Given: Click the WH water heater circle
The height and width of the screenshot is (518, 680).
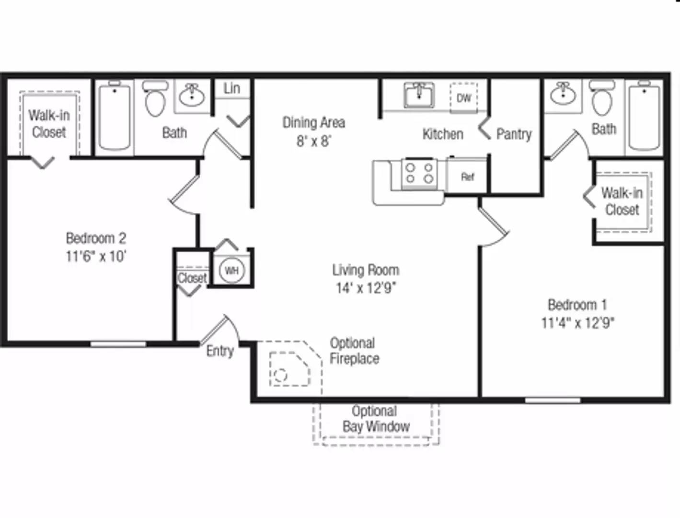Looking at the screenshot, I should pos(231,271).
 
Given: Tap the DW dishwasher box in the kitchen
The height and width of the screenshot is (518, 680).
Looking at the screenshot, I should pos(463,98).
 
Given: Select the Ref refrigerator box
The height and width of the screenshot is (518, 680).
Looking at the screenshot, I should pos(467,177).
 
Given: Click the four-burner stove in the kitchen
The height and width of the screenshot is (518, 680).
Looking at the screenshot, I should pos(419,174).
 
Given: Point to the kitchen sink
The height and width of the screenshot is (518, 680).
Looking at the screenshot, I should pos(419,95).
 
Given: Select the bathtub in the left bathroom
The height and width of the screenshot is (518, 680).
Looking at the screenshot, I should pos(115,116).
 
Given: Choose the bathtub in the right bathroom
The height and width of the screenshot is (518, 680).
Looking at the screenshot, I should pos(644,116).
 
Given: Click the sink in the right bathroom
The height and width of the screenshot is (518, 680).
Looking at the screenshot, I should pos(563,94).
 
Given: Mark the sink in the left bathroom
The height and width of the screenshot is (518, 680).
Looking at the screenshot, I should pos(192,95).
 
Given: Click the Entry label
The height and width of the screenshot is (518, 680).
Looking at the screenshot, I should pos(220,351).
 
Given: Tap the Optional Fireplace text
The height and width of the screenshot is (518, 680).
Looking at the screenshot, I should pos(354,351).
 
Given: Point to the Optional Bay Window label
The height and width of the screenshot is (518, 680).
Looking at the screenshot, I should pos(376,419).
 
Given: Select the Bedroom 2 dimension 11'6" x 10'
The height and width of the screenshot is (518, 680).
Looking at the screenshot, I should pos(96,256).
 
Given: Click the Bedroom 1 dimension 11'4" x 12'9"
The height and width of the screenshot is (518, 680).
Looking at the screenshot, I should pos(577,323).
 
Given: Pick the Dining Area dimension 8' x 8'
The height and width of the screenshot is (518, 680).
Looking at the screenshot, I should pos(314,141).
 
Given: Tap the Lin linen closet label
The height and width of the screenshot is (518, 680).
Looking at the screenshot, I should pos(232,88).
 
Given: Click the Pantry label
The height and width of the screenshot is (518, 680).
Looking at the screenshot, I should pos(514,134).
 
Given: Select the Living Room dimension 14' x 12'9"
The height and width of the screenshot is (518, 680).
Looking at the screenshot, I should pos(366,288).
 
